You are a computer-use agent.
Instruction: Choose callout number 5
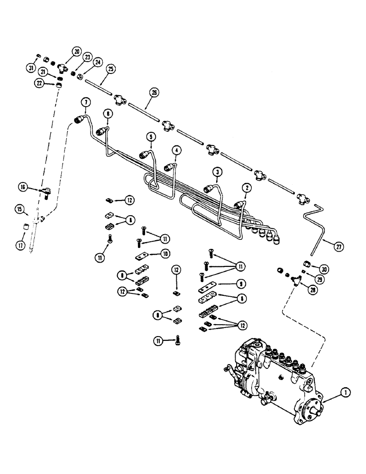point(151,137)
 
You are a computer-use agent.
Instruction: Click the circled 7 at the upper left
point(85,102)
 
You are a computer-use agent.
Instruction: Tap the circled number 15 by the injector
point(19,209)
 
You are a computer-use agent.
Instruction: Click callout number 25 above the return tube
point(110,69)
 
